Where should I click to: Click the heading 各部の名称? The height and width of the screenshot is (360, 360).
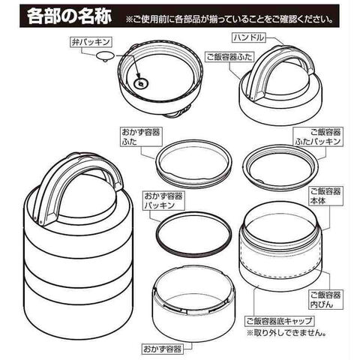69,16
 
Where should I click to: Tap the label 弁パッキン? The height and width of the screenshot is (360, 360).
91,42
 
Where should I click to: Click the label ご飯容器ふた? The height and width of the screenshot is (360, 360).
229,57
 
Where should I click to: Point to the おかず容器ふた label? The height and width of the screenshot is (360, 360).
141,136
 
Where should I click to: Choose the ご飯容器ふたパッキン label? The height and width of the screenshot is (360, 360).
318,136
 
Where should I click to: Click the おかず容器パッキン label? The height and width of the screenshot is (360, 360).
163,201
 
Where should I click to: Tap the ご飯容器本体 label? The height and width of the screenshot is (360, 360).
325,196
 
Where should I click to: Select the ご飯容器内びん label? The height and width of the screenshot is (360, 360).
325,299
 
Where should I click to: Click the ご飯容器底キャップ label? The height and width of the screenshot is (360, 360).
279,321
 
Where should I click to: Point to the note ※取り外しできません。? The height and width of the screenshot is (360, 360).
286,333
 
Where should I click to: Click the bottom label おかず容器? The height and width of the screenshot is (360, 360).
162,349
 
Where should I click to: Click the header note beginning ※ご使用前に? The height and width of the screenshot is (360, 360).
229,19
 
